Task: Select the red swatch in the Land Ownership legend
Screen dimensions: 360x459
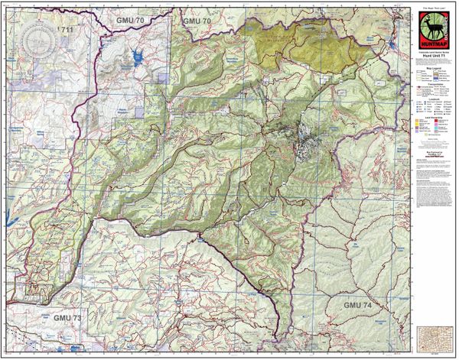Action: tap(436, 121)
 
